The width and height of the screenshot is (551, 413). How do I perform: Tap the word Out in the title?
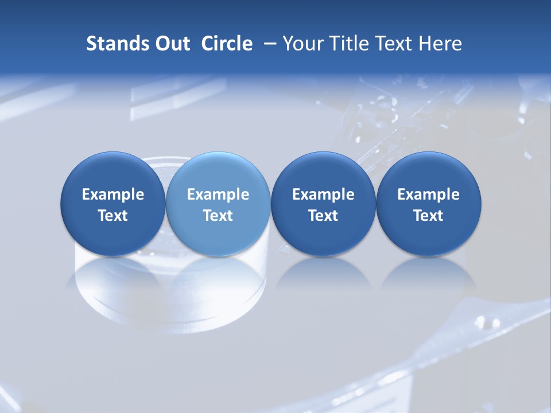[x=172, y=44]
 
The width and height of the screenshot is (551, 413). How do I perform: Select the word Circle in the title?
[x=227, y=44]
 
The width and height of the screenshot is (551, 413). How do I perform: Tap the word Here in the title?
[x=439, y=44]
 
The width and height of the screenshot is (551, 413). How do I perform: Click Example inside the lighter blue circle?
[x=218, y=194]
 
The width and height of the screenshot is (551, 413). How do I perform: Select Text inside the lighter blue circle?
[x=218, y=216]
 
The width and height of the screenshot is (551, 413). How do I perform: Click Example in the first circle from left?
[x=113, y=194]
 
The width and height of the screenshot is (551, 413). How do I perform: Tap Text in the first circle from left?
[x=113, y=216]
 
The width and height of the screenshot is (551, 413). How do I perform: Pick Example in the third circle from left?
[x=323, y=194]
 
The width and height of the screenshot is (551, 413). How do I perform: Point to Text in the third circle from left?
[x=323, y=216]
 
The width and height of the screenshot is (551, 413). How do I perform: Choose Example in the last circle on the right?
[x=429, y=194]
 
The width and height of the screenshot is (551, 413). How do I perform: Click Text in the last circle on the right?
[x=429, y=216]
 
